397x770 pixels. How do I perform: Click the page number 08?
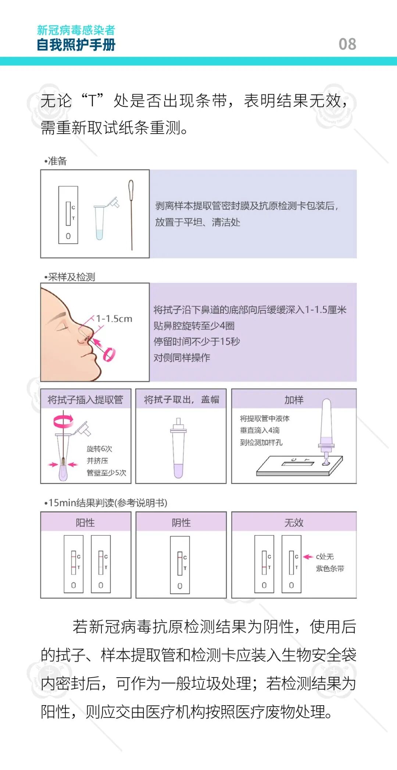pyautogui.click(x=347, y=44)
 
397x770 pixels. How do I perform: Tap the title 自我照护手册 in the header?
pyautogui.click(x=76, y=45)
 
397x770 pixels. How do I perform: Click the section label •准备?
pyautogui.click(x=56, y=161)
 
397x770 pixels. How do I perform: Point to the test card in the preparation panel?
pyautogui.click(x=68, y=215)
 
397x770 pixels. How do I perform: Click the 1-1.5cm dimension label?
pyautogui.click(x=114, y=319)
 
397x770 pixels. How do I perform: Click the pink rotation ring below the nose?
pyautogui.click(x=109, y=354)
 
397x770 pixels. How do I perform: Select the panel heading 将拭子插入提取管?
pyautogui.click(x=85, y=399)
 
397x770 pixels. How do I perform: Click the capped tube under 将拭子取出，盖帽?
pyautogui.click(x=179, y=448)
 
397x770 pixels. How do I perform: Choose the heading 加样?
pyautogui.click(x=294, y=400)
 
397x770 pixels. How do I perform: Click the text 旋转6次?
pyautogui.click(x=99, y=449)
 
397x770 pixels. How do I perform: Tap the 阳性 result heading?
pyautogui.click(x=85, y=523)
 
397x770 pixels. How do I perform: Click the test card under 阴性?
pyautogui.click(x=180, y=565)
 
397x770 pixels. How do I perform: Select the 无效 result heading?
pyautogui.click(x=294, y=523)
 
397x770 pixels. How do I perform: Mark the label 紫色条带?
pyautogui.click(x=330, y=569)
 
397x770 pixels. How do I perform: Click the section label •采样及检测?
pyautogui.click(x=70, y=277)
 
